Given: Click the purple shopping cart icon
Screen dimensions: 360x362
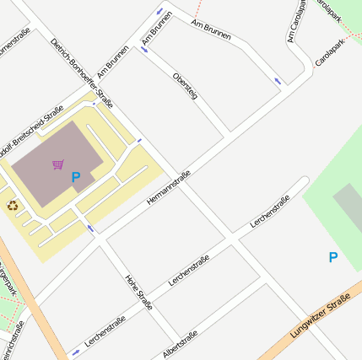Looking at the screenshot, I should click(x=57, y=164).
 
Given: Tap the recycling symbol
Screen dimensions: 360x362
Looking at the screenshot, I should click(x=12, y=205).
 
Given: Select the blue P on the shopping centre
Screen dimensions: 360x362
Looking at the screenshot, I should click(x=76, y=178).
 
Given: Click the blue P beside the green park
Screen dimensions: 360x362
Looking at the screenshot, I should click(x=332, y=257).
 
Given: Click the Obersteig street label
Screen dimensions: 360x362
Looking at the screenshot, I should click(x=185, y=87).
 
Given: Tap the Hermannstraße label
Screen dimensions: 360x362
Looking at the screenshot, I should click(x=169, y=188).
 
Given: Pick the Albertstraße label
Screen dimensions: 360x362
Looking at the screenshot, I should click(x=180, y=344).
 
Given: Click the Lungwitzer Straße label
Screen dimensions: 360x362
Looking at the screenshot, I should click(x=320, y=324).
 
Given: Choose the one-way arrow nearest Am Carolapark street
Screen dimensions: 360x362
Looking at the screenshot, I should click(x=278, y=81).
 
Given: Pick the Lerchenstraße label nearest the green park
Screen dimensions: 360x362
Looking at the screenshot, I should click(x=270, y=211).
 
